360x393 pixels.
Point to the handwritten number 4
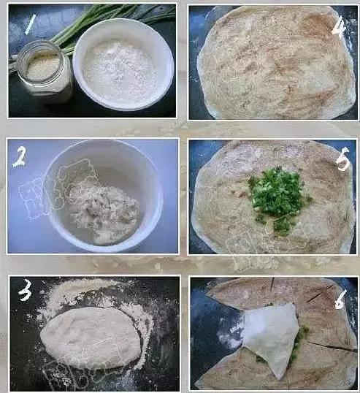pyautogui.click(x=338, y=26)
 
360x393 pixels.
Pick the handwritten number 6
pyautogui.click(x=340, y=299)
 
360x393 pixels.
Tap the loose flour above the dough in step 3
pyautogui.click(x=80, y=292)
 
